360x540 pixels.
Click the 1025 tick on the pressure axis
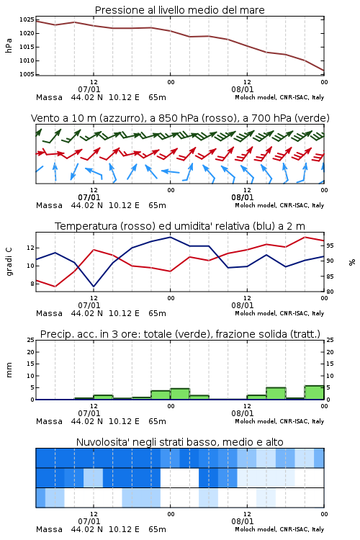tap(27, 19)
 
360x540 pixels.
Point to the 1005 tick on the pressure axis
tap(27, 74)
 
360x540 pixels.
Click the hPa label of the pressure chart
tap(9, 45)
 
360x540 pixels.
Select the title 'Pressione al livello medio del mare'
tap(180, 10)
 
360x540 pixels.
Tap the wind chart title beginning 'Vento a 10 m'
tap(180, 118)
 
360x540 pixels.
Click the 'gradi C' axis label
tap(9, 261)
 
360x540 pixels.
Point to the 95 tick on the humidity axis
tap(330, 246)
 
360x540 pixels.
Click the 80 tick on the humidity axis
tap(330, 292)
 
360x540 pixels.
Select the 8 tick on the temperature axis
tap(32, 284)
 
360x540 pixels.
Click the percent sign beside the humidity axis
tap(352, 262)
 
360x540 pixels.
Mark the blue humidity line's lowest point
tap(94, 287)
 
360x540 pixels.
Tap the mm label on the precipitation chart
tap(9, 370)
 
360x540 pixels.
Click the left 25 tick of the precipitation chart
tap(31, 340)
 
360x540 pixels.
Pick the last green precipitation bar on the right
tap(314, 392)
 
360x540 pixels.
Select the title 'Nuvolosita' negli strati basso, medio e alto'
tap(180, 442)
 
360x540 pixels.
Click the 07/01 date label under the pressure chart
tap(89, 89)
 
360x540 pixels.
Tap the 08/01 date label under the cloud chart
tap(243, 521)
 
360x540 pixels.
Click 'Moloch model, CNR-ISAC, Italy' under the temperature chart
tap(279, 313)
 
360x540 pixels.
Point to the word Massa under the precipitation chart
tap(49, 421)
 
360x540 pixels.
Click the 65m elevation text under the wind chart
tap(157, 206)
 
